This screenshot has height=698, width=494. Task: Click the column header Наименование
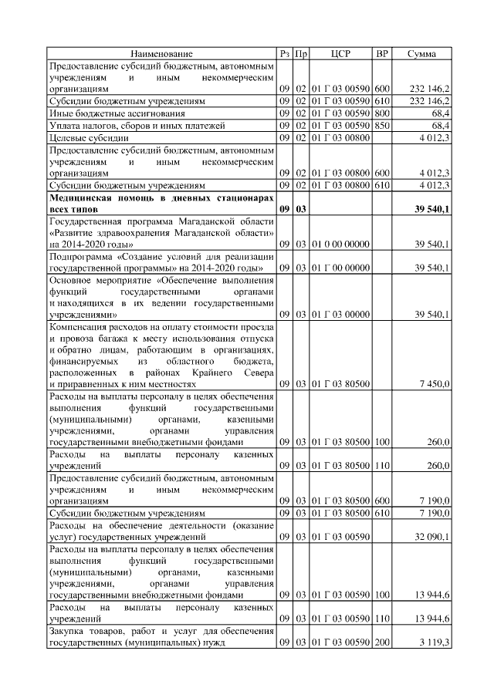161,54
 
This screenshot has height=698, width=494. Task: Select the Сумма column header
420,54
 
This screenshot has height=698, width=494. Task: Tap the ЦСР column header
340,54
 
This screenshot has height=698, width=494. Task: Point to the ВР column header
381,54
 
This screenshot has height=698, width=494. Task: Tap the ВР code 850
382,125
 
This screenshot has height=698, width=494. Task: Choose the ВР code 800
382,113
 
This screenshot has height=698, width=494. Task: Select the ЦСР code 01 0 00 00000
340,244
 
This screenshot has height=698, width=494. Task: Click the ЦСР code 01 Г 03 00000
340,315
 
